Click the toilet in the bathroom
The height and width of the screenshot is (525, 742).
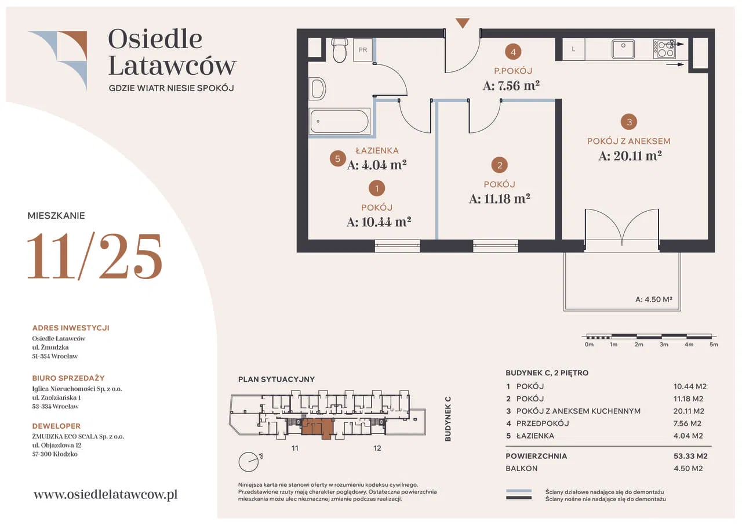point(340,50)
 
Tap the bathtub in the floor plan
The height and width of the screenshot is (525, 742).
point(340,121)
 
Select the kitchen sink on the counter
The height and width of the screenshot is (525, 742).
point(623,49)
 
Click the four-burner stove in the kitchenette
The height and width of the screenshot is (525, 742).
point(664,49)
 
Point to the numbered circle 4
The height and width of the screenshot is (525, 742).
point(513,52)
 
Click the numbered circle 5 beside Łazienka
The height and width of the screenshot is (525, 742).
point(337,158)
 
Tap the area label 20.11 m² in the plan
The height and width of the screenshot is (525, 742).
point(630,156)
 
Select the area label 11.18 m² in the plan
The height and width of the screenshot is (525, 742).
point(500,199)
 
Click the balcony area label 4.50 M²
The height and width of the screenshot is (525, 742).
point(653,299)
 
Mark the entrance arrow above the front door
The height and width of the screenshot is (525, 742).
point(463,23)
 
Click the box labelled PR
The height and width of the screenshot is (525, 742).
point(363,50)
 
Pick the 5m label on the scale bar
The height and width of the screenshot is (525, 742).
point(714,345)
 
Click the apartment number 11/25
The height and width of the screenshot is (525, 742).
point(94,256)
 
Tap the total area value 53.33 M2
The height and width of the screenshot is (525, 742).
point(690,456)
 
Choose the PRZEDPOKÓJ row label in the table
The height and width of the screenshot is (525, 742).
point(543,423)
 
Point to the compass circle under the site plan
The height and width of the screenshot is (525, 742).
point(249,462)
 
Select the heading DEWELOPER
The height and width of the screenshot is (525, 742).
point(56,426)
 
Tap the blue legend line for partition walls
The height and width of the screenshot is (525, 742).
point(519,491)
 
